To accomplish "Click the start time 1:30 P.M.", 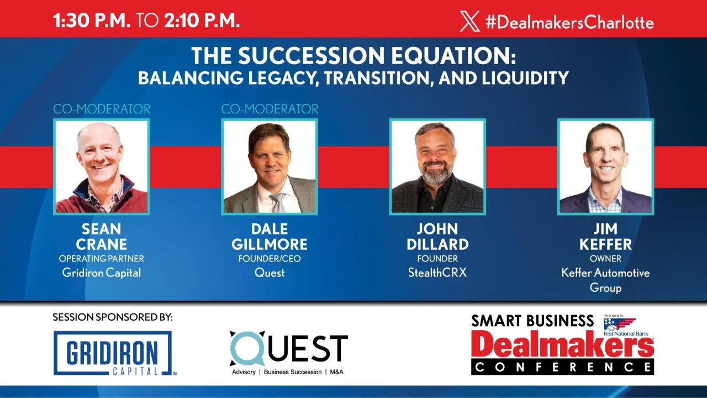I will tap(92, 20).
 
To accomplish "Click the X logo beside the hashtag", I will tap(469, 22).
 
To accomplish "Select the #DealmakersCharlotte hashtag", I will tap(569, 22).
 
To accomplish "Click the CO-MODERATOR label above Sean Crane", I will tap(102, 109).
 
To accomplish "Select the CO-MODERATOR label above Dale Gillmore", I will tap(270, 109).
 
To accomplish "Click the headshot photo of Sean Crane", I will tap(102, 167).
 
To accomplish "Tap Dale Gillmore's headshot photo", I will tap(270, 167).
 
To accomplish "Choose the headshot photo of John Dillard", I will tap(437, 167).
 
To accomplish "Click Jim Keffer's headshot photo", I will tap(605, 167).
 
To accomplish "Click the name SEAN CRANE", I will tap(102, 237).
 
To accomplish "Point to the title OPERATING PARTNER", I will tap(102, 259).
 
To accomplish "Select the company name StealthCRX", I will tap(437, 273).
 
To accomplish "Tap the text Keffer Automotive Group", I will tap(605, 280).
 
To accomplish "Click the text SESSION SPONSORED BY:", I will tap(113, 317).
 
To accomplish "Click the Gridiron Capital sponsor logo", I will tap(113, 353).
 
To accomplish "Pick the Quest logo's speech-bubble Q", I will tap(247, 348).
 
